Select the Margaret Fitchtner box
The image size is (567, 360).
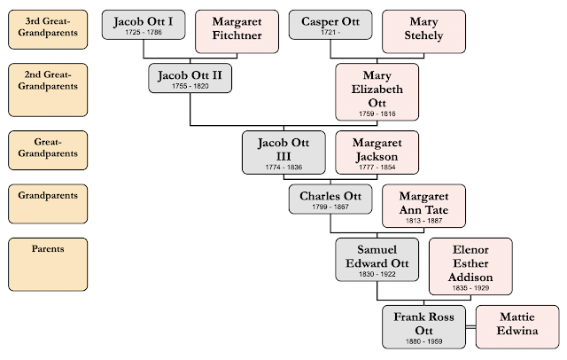(x=237, y=29)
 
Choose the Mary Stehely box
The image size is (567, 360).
(x=424, y=29)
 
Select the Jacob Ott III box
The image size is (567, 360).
(x=283, y=152)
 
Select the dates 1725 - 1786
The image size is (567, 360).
(x=144, y=32)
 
